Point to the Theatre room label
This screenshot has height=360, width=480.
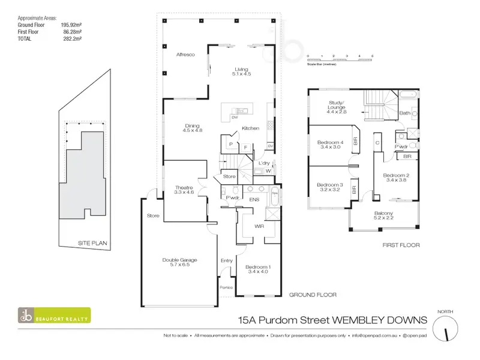(x=183, y=190)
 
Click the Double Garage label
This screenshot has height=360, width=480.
(x=180, y=262)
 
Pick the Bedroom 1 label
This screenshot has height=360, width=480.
(x=259, y=269)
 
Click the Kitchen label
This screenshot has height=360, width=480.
(x=250, y=128)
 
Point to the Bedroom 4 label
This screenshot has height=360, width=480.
(x=329, y=144)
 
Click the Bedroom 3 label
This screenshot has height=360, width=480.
(x=329, y=187)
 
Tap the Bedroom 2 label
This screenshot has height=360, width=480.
(x=397, y=178)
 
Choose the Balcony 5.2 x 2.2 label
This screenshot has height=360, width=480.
(x=384, y=217)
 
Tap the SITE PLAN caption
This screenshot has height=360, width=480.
(x=92, y=242)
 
